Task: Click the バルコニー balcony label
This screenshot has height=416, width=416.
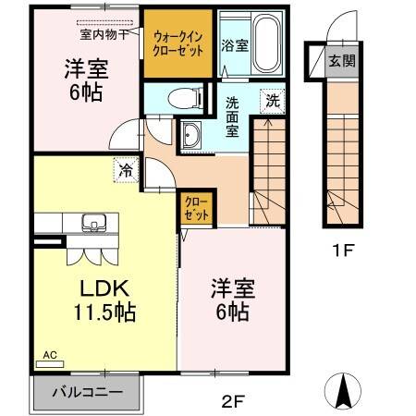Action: click(x=87, y=392)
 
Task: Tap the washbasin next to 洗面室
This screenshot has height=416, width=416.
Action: click(x=191, y=136)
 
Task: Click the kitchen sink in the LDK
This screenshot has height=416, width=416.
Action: click(x=93, y=223)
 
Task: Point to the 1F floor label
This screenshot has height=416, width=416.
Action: click(x=343, y=250)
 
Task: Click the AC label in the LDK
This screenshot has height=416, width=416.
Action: click(x=50, y=353)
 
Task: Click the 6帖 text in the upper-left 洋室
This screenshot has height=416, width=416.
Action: click(x=83, y=92)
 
